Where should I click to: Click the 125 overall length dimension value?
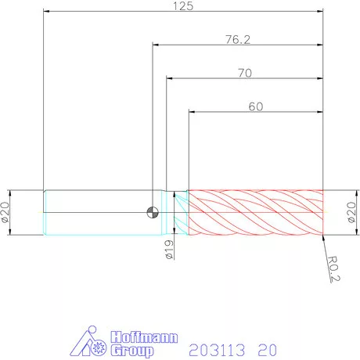pos(183,6)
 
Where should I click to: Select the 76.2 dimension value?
pos(238,39)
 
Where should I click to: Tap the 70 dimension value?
pos(245,73)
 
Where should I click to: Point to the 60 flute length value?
pos(256,106)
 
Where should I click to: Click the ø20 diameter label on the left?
pos(5,212)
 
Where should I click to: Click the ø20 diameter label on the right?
pos(351,212)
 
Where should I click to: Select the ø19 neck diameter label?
pos(170,250)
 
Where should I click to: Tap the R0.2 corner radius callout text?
pos(333,269)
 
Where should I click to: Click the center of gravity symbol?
pos(153,212)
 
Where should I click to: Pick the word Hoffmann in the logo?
pos(144,337)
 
